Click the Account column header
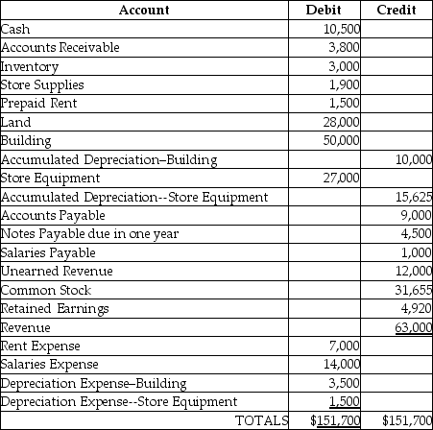[x=145, y=10]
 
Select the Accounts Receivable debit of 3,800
[x=344, y=46]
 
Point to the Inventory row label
[x=30, y=66]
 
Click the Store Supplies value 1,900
[x=344, y=84]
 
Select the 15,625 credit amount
[x=414, y=197]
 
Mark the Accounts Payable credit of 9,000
[x=417, y=215]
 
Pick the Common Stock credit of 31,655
[x=414, y=290]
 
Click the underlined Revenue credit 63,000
[x=414, y=327]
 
